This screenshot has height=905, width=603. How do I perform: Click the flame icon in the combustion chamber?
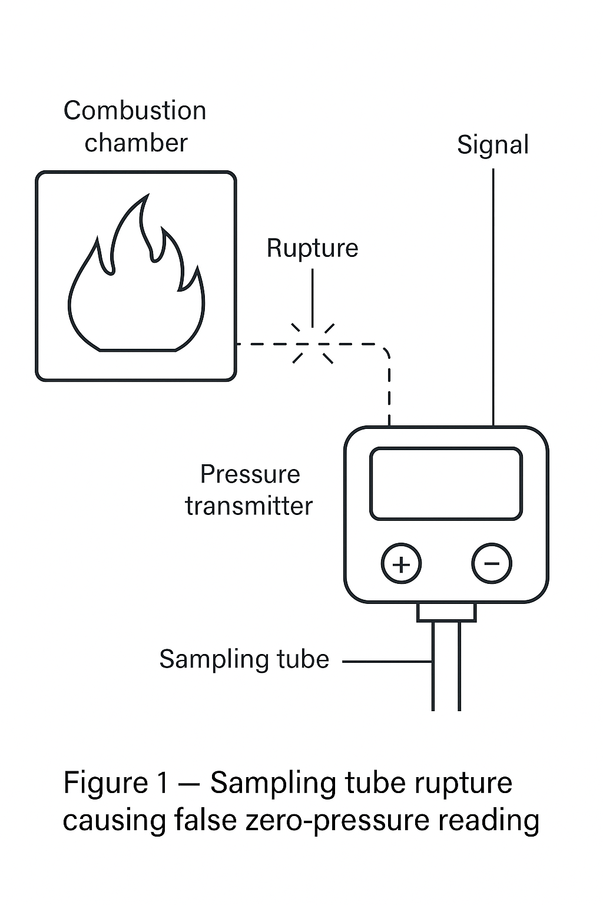(x=137, y=283)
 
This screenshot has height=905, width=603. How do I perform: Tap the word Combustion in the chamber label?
(x=135, y=111)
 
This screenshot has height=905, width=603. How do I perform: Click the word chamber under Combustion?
(x=136, y=143)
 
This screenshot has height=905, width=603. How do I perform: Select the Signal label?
(x=493, y=145)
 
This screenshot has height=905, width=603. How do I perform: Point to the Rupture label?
(x=312, y=248)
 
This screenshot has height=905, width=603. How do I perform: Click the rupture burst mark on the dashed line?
(x=313, y=343)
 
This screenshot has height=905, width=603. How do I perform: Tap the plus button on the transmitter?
(x=401, y=564)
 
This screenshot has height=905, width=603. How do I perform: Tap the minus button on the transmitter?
(x=492, y=564)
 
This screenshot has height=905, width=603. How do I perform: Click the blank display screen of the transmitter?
(x=446, y=484)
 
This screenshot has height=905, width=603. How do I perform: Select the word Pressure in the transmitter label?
(x=250, y=474)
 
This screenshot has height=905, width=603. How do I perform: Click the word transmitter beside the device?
(x=249, y=506)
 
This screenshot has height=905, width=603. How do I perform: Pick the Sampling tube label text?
(x=244, y=659)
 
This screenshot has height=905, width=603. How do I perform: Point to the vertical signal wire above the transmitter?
(x=493, y=295)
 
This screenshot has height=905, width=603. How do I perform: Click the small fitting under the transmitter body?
(x=446, y=612)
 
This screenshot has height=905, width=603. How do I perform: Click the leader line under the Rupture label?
(x=312, y=295)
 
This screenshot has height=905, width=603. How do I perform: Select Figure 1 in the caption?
(x=115, y=783)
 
